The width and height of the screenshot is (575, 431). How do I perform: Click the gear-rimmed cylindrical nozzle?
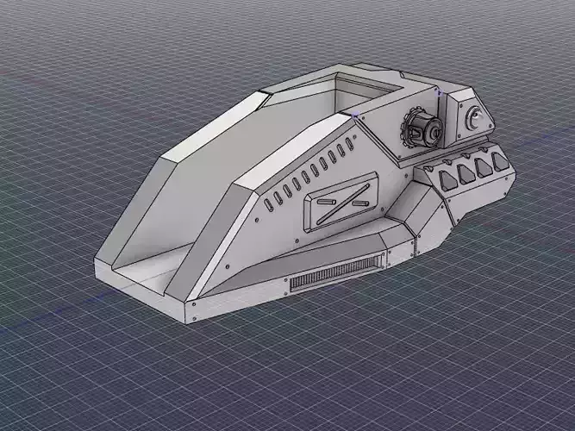click(x=422, y=131)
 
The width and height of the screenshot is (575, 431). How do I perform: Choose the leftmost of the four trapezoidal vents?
click(x=446, y=178)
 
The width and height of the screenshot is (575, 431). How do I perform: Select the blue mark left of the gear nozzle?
click(x=355, y=113)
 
